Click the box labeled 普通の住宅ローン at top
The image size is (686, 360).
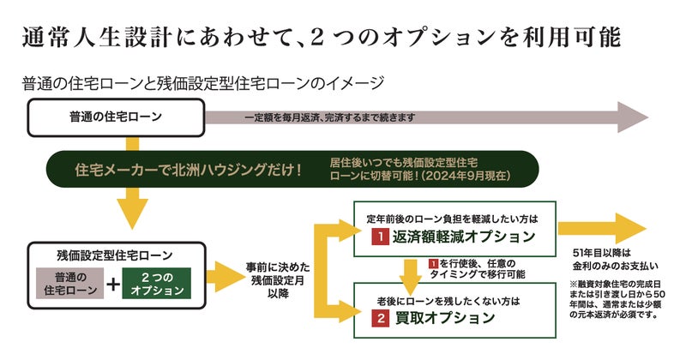point(117,117)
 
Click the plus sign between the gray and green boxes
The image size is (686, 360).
point(111,284)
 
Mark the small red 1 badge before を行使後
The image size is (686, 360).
point(434,263)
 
